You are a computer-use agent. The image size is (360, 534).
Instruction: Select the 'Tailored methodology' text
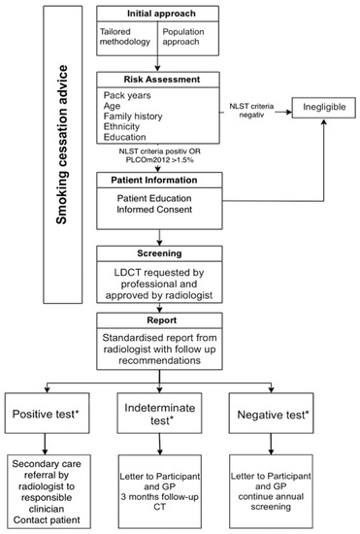coord(125,40)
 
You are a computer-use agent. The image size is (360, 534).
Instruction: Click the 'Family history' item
coord(136,123)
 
